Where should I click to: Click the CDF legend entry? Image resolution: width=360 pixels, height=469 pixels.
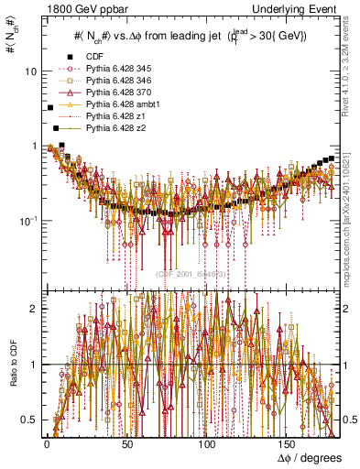[x=94, y=56]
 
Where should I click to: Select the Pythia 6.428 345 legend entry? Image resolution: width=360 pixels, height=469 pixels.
[x=115, y=67]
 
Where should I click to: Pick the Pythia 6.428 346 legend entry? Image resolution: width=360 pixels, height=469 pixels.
[x=115, y=79]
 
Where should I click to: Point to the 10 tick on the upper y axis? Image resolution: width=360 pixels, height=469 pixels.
[x=31, y=71]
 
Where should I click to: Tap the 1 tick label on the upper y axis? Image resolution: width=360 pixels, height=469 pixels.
[x=34, y=147]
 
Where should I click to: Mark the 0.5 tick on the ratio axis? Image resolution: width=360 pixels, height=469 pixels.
[x=27, y=420]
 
